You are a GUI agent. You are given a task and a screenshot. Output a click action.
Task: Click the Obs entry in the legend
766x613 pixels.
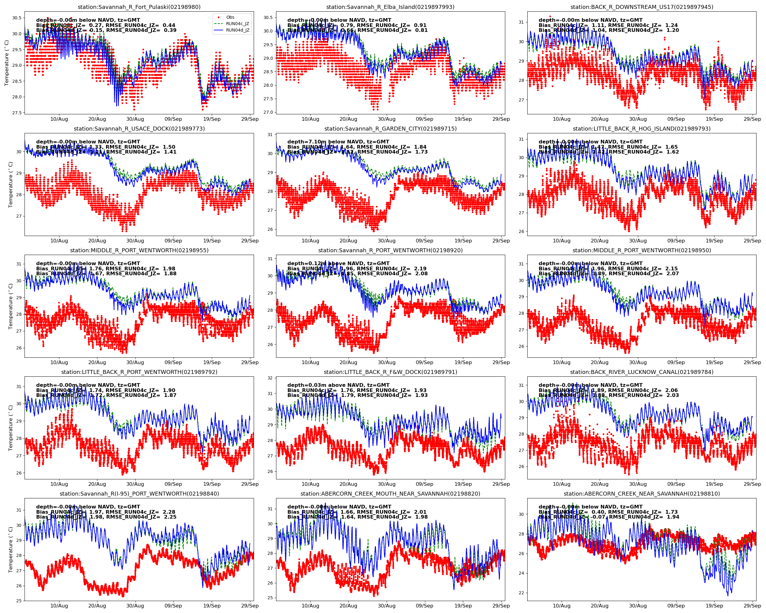(230, 17)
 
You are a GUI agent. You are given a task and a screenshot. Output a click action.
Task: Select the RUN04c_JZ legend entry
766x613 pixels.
(237, 24)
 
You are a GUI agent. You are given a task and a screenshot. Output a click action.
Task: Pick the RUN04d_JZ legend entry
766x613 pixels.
(237, 30)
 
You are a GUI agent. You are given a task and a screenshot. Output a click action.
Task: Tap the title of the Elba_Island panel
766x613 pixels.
(390, 7)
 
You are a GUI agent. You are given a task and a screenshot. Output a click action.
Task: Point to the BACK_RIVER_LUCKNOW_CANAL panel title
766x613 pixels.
(641, 372)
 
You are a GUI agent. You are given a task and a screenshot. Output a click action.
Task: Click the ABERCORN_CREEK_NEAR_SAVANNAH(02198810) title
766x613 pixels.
(641, 493)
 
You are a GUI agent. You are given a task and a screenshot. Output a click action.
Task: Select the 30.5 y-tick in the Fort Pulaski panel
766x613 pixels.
(17, 18)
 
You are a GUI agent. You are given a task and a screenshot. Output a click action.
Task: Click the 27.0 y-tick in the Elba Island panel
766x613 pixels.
(268, 112)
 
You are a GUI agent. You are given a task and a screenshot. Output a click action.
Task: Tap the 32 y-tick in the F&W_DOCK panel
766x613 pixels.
(270, 378)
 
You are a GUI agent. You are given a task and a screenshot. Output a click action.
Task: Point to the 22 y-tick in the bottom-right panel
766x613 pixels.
(521, 593)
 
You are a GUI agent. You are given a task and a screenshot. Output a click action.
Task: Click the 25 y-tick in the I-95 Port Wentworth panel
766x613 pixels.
(18, 601)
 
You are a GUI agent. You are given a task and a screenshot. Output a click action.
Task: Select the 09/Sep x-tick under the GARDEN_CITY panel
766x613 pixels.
(424, 241)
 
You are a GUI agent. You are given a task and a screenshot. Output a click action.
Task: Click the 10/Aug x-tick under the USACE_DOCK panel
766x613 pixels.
(59, 241)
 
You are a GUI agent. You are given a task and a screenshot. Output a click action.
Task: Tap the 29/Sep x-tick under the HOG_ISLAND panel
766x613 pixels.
(752, 241)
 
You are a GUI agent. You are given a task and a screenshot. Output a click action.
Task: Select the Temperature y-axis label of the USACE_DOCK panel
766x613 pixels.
(11, 185)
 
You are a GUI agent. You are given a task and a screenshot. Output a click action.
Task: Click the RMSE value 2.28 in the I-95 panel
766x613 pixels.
(169, 512)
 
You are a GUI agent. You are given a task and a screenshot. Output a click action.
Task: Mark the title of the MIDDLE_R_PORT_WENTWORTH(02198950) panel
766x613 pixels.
(641, 250)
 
